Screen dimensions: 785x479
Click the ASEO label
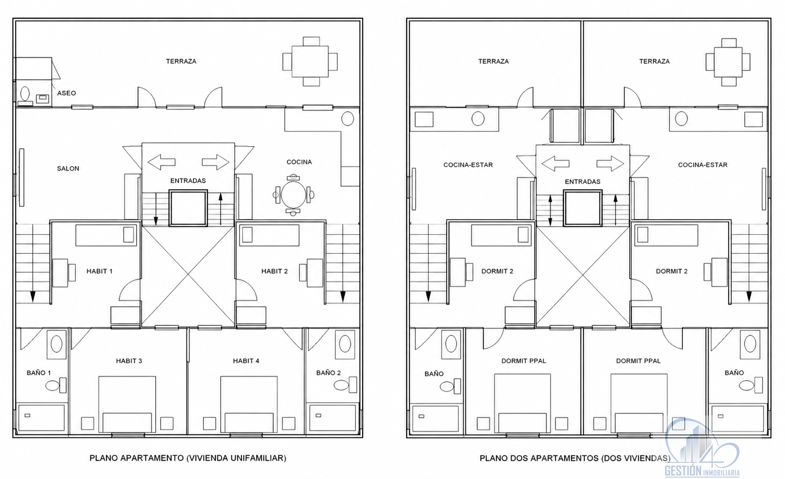coord(67,93)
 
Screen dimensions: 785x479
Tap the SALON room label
coord(68,168)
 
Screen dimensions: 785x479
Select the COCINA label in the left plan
coord(299,162)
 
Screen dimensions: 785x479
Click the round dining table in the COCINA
coord(293,195)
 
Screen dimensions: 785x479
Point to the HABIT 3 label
coord(129,361)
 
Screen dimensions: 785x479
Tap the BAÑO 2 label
coord(328,372)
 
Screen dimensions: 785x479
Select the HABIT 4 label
coord(246,361)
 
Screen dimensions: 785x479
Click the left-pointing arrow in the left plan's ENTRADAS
coord(161,162)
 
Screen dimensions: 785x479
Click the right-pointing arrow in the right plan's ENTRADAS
coord(610,163)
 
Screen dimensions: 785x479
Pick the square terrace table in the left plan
coord(310,62)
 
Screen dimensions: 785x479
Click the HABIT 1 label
coord(99,271)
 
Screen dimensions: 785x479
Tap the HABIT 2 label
coord(275,271)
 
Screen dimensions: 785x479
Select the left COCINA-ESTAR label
coord(468,165)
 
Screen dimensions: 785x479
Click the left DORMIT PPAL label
coord(524,361)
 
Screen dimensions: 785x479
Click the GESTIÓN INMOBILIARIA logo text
coord(702,471)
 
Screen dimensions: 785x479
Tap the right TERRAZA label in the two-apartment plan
coord(654,62)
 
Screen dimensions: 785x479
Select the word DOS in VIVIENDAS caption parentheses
coord(612,458)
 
